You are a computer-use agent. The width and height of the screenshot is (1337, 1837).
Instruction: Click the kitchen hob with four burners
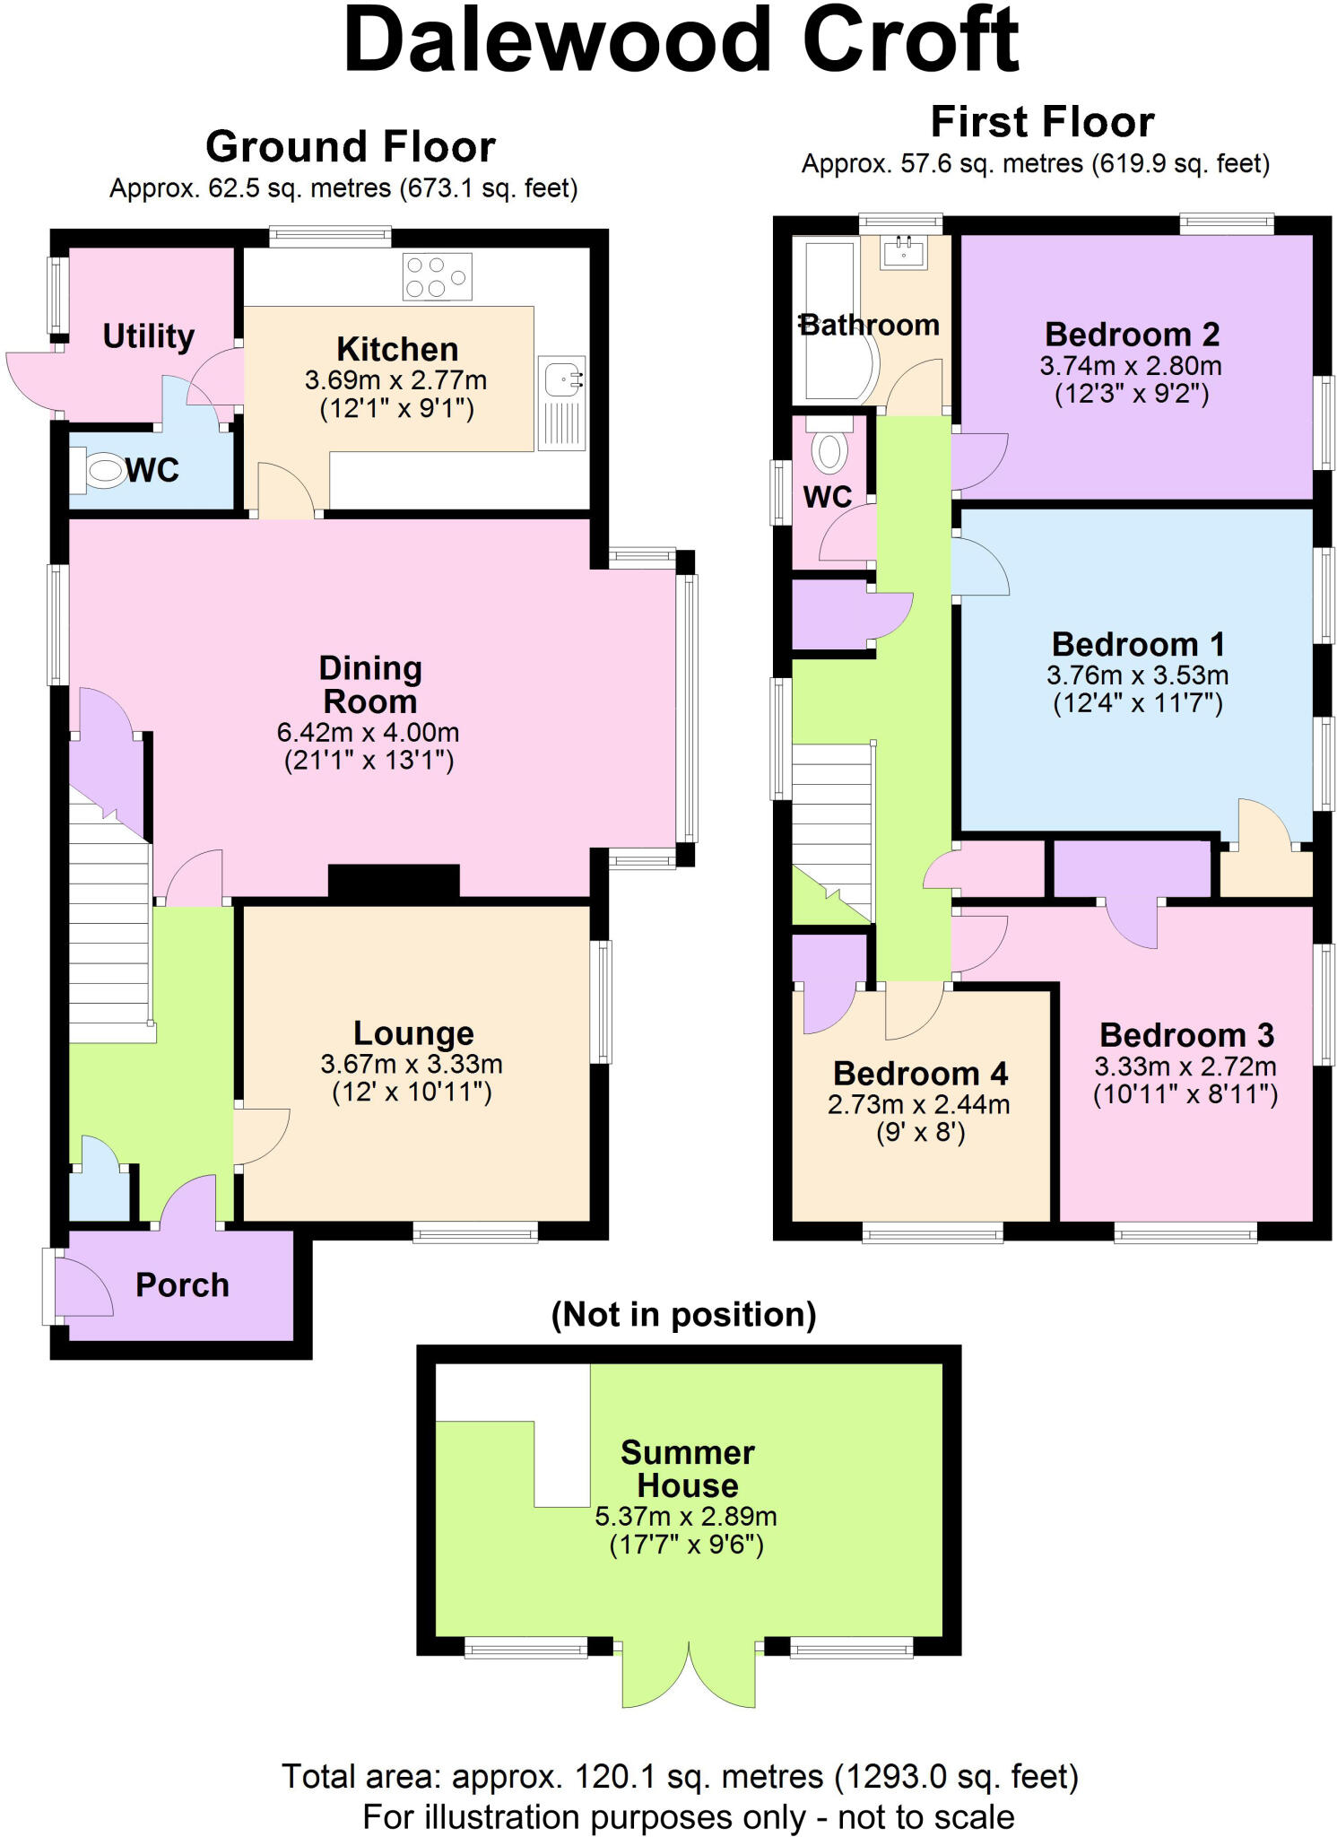(x=438, y=276)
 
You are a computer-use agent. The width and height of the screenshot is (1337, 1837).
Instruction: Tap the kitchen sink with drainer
(x=562, y=403)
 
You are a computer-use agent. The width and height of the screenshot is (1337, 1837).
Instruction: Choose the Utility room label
(x=148, y=336)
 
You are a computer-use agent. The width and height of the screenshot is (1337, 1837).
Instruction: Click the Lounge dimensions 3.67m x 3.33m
(x=412, y=1064)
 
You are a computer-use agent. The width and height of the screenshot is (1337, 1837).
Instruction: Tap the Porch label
(x=182, y=1285)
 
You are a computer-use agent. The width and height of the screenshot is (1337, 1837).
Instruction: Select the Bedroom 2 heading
(x=1133, y=334)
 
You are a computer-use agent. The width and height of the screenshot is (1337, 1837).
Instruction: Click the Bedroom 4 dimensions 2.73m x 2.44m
(x=919, y=1104)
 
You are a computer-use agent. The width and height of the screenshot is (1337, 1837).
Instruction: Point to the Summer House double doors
(x=689, y=1674)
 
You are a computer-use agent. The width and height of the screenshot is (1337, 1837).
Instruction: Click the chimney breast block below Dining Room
(x=394, y=881)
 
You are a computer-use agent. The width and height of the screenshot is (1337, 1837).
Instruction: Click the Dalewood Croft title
(x=682, y=40)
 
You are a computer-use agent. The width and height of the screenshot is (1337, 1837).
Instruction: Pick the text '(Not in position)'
(x=683, y=1315)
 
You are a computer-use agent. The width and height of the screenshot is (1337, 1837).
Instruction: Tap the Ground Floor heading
(x=350, y=146)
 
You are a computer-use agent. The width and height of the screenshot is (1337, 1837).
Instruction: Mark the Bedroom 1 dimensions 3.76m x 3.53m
(x=1137, y=675)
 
